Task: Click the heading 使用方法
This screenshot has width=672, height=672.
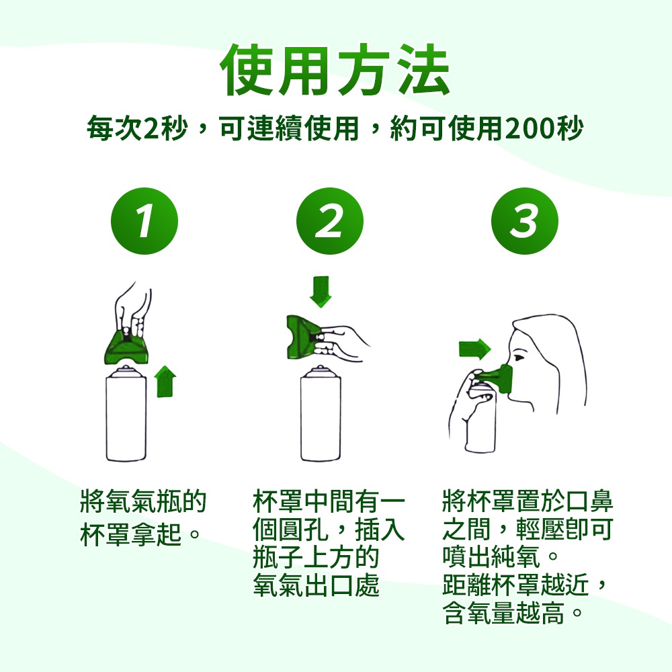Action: [x=335, y=69]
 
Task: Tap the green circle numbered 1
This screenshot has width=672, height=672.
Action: [x=144, y=221]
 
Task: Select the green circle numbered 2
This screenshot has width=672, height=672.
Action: [x=329, y=221]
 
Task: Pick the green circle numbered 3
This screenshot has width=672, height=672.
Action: [x=525, y=221]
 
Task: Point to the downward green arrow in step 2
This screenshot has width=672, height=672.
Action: [x=321, y=292]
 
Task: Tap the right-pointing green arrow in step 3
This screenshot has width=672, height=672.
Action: [x=474, y=349]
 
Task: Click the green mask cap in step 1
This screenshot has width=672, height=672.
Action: [x=126, y=347]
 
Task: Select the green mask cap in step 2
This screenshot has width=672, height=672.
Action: [x=304, y=337]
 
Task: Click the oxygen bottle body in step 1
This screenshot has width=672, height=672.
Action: [x=126, y=416]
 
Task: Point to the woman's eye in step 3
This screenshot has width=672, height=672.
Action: [x=519, y=357]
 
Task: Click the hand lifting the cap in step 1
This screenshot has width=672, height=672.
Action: [x=133, y=309]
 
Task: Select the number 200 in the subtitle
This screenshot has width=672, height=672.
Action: [x=531, y=128]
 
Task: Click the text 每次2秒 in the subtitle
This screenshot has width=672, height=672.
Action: [x=137, y=128]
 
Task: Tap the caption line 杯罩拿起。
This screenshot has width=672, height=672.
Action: [x=140, y=534]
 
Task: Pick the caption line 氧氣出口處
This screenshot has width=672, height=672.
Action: [x=317, y=585]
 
